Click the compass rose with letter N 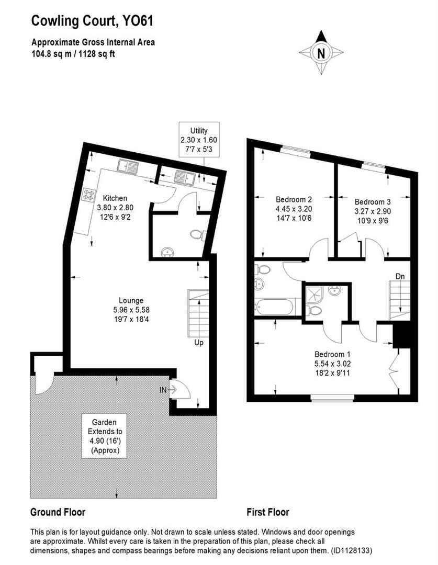pos(321,52)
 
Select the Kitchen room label pos(115,206)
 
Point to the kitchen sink pos(127,167)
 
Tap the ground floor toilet pos(199,234)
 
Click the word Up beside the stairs pos(198,343)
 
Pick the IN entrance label pos(164,390)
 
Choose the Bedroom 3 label pos(372,210)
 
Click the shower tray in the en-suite pos(315,293)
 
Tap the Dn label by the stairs pos(400,276)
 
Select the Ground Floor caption pos(58,512)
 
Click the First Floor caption pos(268,512)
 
